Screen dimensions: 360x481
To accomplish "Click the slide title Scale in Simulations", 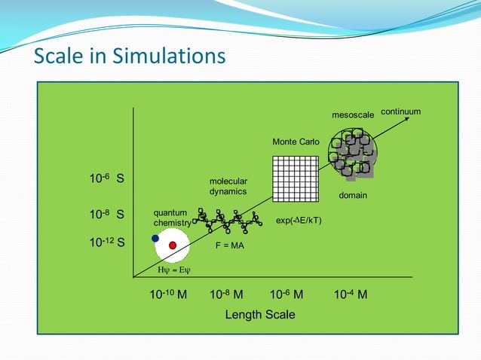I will point(130,56).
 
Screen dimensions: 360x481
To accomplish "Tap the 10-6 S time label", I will point(107,180).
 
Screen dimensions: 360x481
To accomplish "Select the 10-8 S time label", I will point(107,215).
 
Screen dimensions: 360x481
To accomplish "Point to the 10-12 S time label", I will point(107,243).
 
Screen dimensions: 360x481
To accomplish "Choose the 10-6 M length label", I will point(286,294).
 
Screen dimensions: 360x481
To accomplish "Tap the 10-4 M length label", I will point(350,294).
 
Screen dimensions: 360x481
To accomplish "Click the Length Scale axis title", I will point(260,314).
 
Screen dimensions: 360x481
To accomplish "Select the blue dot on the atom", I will point(155,238).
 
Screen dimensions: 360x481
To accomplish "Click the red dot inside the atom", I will point(173,246).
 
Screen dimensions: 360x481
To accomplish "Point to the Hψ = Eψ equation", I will point(173,270).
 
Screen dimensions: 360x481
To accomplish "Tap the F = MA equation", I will point(230,246).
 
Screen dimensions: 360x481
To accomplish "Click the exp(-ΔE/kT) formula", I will point(299,221).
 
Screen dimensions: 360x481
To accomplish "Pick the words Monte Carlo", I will point(296,142).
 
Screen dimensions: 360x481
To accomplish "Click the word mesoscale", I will point(353,115).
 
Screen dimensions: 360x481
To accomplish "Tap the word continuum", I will point(400,111).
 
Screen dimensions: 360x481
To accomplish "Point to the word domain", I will point(352,196).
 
